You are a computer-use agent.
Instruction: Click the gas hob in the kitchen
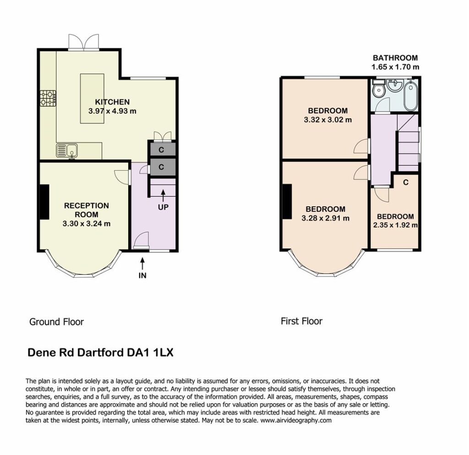48,99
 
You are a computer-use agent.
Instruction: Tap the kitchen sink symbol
67,150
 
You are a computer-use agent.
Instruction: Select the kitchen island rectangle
92,99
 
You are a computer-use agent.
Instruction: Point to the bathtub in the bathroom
410,96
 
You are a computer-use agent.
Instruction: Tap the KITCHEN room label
112,102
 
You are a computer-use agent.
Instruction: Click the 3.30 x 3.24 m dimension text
87,223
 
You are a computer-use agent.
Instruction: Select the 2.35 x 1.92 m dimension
395,225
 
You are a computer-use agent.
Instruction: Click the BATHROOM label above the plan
395,58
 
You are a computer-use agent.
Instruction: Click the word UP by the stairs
163,207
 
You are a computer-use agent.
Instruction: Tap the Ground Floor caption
56,322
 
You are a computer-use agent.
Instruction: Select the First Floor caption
301,322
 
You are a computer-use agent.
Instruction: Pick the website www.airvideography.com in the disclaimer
296,420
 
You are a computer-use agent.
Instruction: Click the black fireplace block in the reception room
44,202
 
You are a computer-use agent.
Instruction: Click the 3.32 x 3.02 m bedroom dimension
328,120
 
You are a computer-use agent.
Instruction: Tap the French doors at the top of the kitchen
84,42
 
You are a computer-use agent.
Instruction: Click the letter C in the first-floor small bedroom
406,182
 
